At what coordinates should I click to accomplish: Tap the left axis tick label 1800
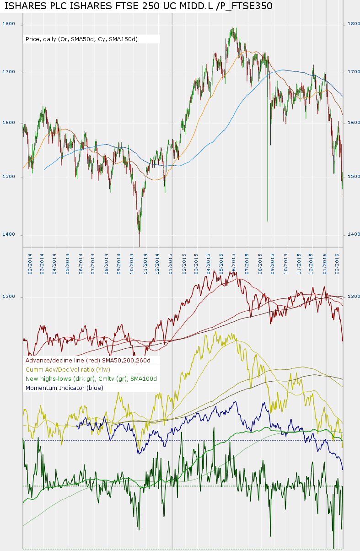[x=9, y=24]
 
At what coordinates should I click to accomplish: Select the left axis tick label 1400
[x=9, y=234]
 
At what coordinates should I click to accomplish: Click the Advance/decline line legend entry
[x=91, y=360]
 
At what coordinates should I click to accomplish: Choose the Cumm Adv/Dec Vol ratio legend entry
[x=68, y=369]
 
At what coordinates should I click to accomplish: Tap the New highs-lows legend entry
[x=91, y=378]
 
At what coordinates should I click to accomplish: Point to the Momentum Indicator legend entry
[x=64, y=388]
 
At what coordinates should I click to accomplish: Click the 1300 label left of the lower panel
[x=9, y=297]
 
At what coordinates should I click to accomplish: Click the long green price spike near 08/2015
[x=268, y=183]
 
